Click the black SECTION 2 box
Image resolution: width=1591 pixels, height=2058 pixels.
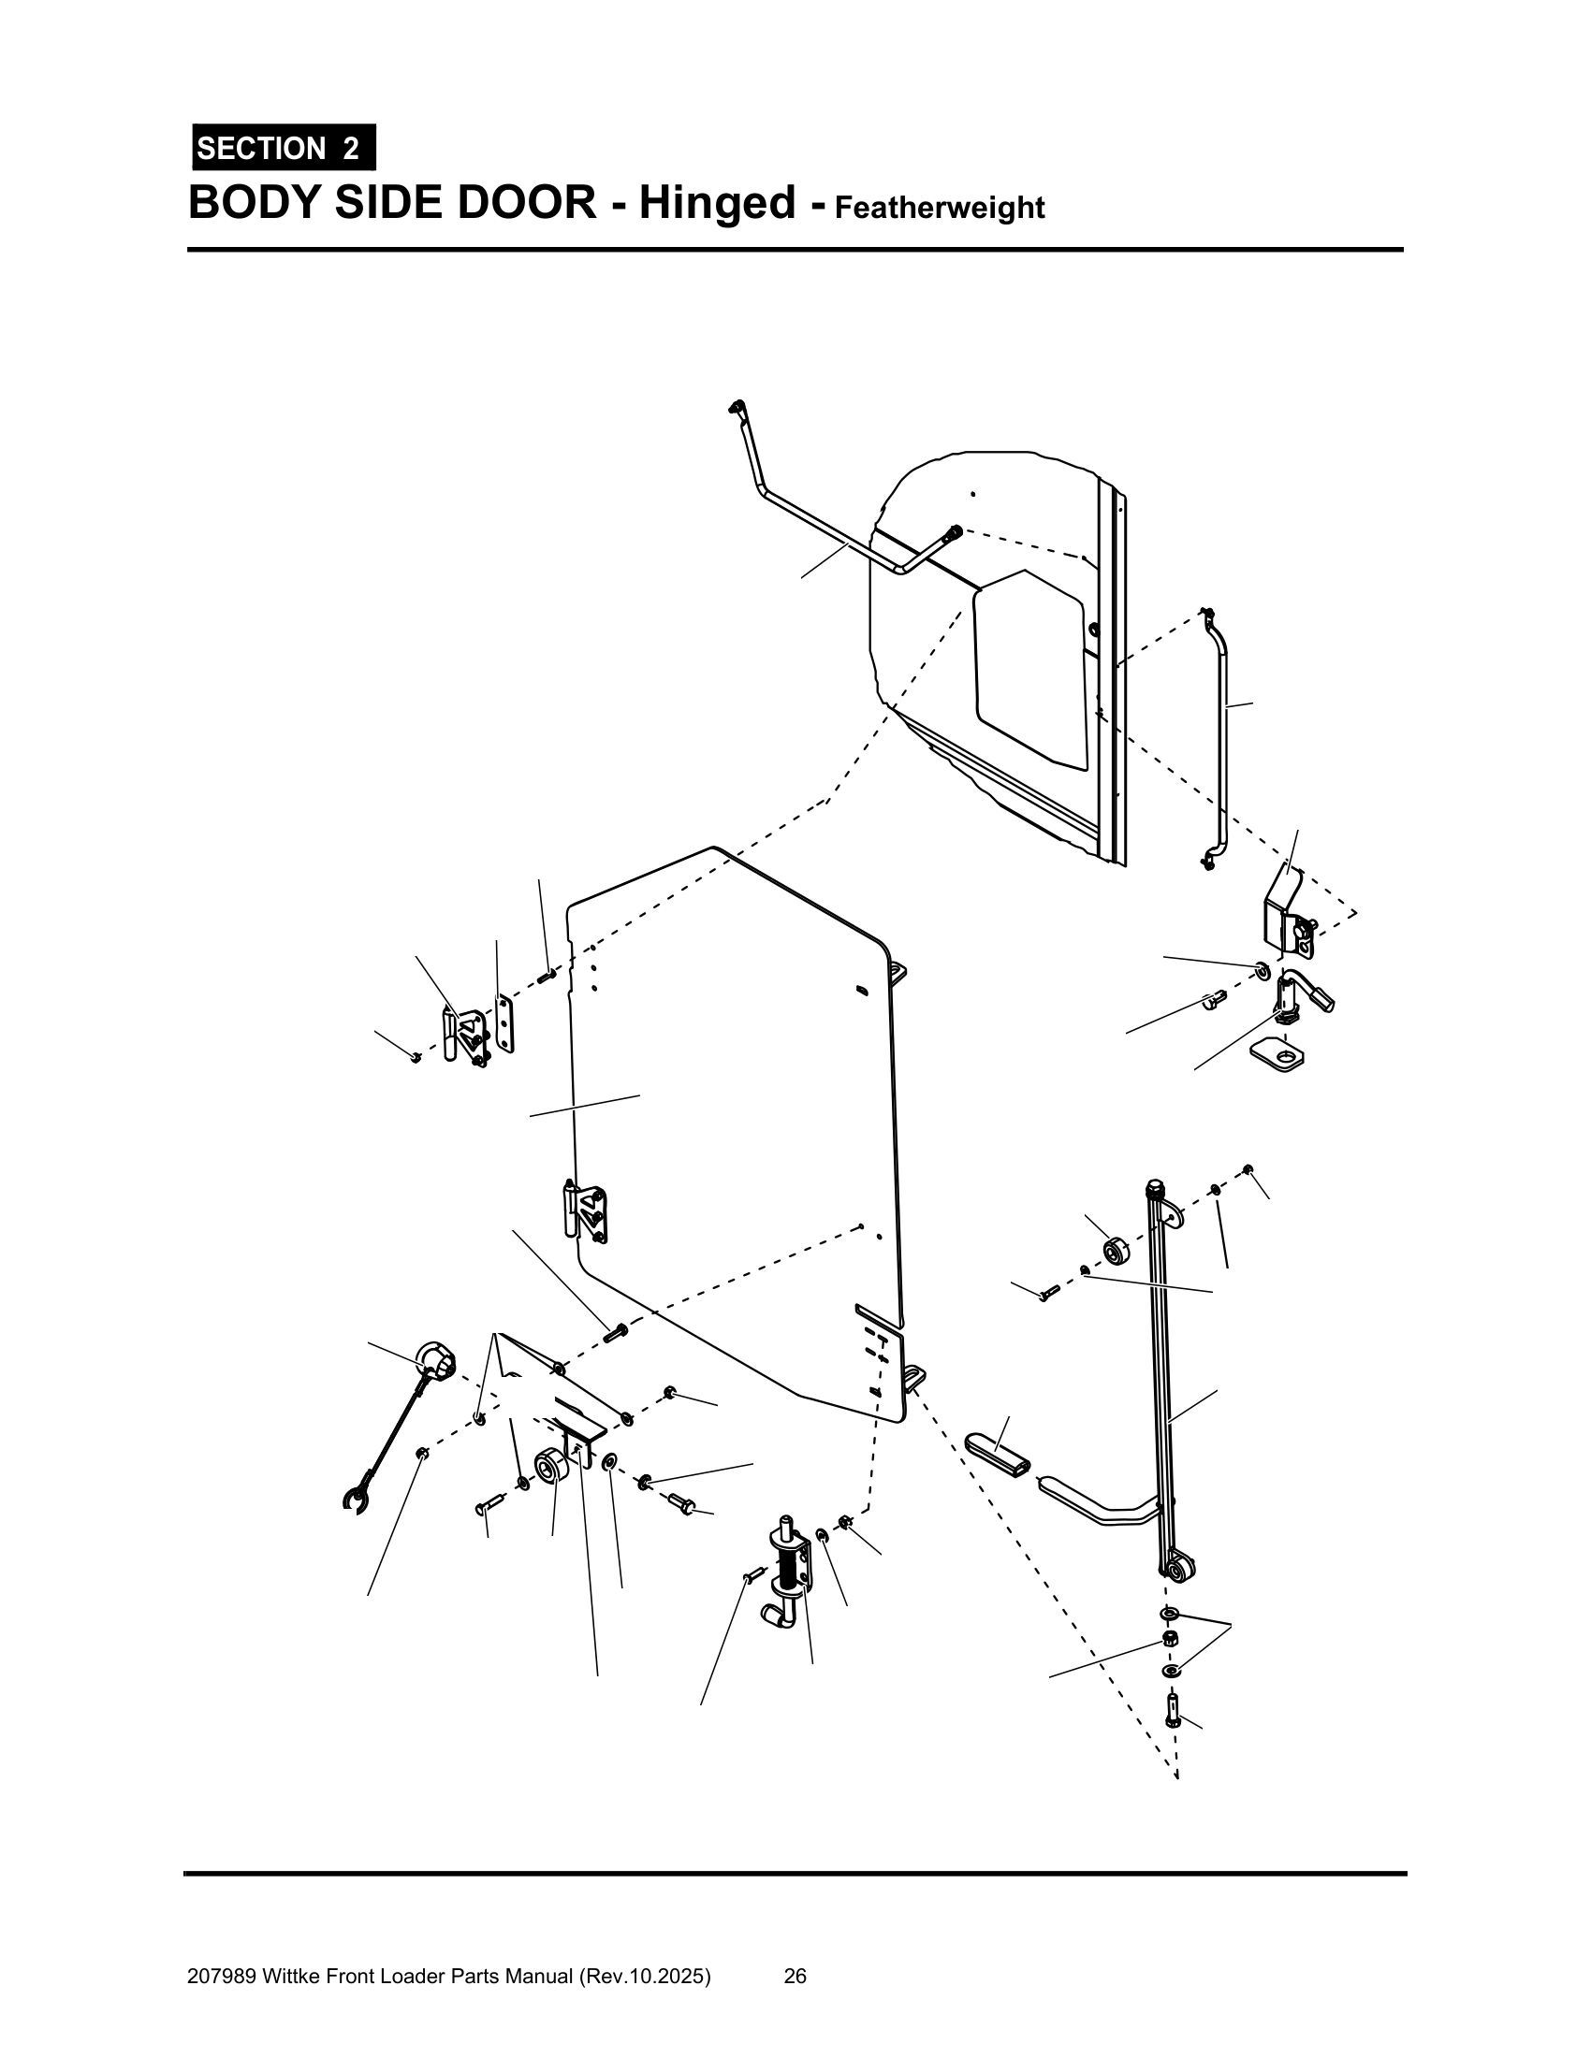click(x=284, y=147)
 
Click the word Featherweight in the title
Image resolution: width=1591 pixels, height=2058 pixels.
click(x=940, y=208)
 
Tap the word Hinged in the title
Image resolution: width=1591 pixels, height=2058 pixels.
click(x=717, y=203)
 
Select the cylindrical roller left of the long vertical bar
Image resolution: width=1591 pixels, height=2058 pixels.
click(x=1116, y=1251)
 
